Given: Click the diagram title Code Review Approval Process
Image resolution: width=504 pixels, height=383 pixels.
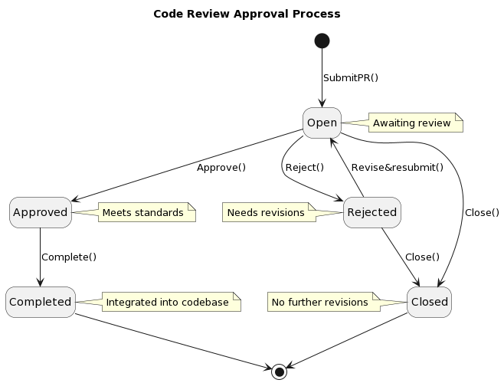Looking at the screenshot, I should pos(247,14).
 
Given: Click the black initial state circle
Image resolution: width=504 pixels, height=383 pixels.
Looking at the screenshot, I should pos(322,41).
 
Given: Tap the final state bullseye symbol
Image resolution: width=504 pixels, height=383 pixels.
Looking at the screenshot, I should pos(280,372).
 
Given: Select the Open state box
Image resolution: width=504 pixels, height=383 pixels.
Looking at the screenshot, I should pos(322,123).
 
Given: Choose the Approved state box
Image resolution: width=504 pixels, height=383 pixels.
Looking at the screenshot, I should pos(41,212).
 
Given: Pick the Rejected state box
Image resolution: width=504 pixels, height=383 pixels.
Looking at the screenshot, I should pos(372,212).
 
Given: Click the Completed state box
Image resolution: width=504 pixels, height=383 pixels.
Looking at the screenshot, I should pos(41,302).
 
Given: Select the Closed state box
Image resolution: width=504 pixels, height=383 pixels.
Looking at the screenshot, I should pos(429,302).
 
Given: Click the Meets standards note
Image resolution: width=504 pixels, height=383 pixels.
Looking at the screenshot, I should pos(146,212).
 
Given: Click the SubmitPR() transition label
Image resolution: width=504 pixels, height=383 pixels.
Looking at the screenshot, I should pos(351,78).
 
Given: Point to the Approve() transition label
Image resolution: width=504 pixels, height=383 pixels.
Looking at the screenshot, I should pos(221,168).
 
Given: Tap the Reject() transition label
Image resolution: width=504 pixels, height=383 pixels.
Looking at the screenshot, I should pos(304,168).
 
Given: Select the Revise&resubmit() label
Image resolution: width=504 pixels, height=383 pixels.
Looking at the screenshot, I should pos(397,168).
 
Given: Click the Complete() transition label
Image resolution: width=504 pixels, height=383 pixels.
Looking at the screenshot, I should pos(69,257).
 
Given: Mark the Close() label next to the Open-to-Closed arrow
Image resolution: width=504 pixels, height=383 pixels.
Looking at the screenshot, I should pos(482,213).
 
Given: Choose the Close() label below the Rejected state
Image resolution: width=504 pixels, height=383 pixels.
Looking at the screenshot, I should pos(422,257).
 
